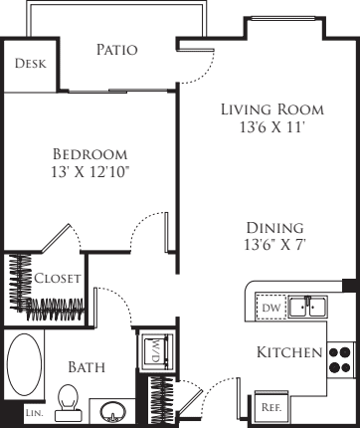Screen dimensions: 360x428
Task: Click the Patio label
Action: [x=117, y=50]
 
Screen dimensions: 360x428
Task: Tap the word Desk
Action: [x=31, y=63]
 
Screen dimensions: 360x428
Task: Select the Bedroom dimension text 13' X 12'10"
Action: [x=90, y=172]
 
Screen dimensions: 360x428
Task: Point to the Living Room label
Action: [x=272, y=109]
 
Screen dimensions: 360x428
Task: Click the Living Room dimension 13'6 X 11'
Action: [x=271, y=127]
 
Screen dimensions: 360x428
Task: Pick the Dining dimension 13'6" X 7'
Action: [x=274, y=245]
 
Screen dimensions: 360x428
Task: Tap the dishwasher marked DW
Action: [x=271, y=308]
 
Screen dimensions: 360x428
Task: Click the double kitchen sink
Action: [x=308, y=307]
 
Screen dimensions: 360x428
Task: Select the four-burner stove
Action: [x=340, y=359]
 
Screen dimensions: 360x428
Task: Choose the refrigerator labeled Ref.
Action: [x=271, y=407]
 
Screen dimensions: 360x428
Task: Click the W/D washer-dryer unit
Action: [x=156, y=351]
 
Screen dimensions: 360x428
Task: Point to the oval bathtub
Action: [x=25, y=364]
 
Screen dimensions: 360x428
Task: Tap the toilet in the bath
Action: [x=68, y=402]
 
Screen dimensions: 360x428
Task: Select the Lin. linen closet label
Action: [x=35, y=413]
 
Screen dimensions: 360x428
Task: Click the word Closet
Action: [x=58, y=278]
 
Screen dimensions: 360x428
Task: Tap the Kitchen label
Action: [x=289, y=352]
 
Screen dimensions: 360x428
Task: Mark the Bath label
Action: [x=87, y=367]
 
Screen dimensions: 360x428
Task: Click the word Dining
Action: [x=274, y=228]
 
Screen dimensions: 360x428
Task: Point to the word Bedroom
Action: [x=90, y=154]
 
